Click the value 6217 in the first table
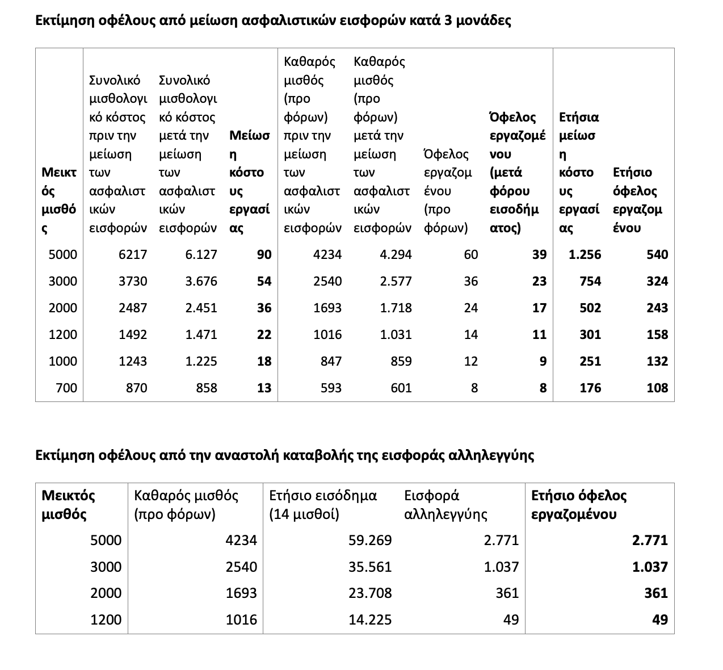click(x=133, y=255)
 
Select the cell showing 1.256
click(x=585, y=255)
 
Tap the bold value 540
click(x=657, y=255)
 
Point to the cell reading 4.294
click(x=396, y=255)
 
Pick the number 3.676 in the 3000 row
click(x=201, y=282)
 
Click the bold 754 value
click(x=590, y=282)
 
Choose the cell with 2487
click(x=133, y=308)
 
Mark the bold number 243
click(x=657, y=308)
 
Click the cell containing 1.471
click(x=201, y=335)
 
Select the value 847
click(x=331, y=362)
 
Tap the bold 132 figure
click(x=657, y=362)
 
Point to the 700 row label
click(x=66, y=388)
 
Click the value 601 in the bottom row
click(x=401, y=388)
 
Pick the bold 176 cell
click(x=590, y=388)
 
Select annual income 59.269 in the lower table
click(x=370, y=540)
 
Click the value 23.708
click(x=370, y=593)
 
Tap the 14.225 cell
click(x=370, y=620)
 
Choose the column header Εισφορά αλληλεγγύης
click(x=445, y=505)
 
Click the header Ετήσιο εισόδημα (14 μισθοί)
click(x=323, y=505)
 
